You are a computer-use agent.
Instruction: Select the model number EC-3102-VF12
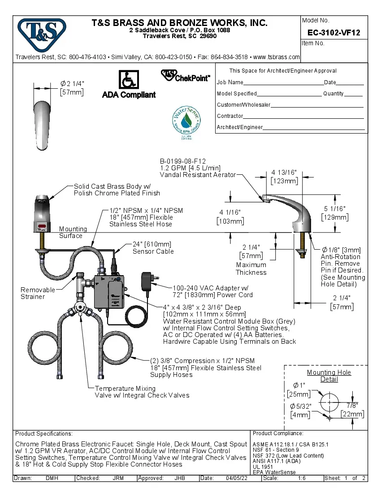(x=334, y=33)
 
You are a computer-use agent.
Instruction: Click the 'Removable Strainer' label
(x=38, y=293)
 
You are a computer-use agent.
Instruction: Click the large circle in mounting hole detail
(x=329, y=401)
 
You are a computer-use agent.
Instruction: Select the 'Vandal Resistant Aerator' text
(x=197, y=175)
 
